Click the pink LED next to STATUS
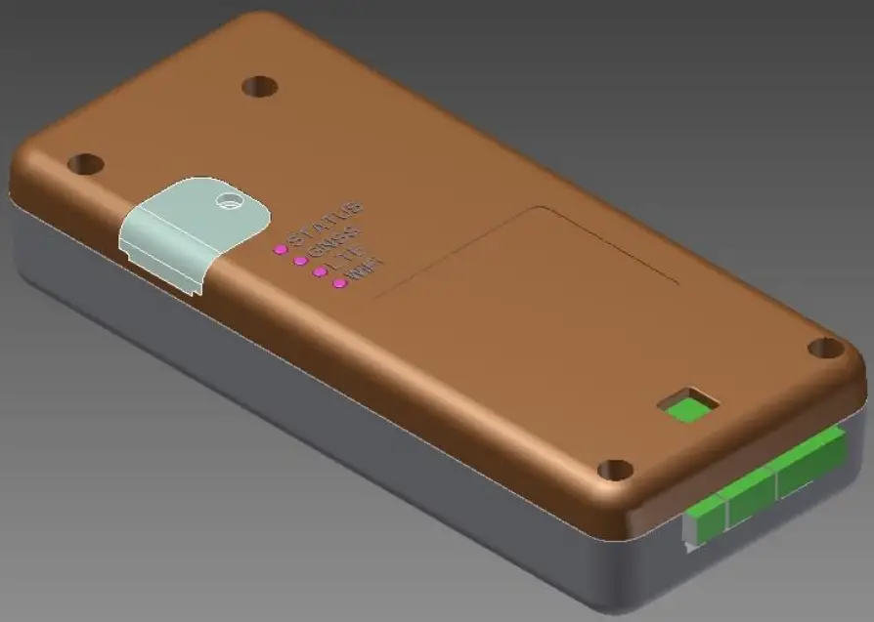pyautogui.click(x=280, y=249)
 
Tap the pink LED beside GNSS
pyautogui.click(x=300, y=261)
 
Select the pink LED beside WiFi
pyautogui.click(x=339, y=283)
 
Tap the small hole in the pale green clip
pyautogui.click(x=230, y=199)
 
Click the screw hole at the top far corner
pyautogui.click(x=259, y=87)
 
